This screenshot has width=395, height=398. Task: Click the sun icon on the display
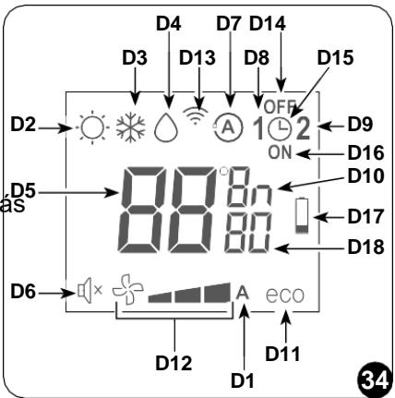pos(92,127)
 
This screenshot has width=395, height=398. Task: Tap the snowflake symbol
pos(130,127)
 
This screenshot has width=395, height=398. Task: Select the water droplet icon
pos(166,127)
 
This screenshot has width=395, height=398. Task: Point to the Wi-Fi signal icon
pos(195,115)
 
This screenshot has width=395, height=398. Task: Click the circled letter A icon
pos(228,127)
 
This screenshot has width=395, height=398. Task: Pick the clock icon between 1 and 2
pos(280,129)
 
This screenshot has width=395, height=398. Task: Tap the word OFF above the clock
pos(280,107)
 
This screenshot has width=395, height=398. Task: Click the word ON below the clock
pos(280,152)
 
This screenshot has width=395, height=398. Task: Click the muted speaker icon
pos(90,291)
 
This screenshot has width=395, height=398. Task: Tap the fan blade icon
pos(127,290)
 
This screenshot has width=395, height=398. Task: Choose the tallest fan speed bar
pos(217,293)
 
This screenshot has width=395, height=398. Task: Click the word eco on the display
pos(285,295)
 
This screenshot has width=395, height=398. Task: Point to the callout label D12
pos(174,363)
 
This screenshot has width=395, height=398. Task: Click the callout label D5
pos(23,191)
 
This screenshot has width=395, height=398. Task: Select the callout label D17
pos(365,216)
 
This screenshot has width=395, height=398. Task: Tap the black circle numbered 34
pos(375,380)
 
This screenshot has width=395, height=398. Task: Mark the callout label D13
pos(197,57)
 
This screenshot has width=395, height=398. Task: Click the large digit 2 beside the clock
pos(303,129)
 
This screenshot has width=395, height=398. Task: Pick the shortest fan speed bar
pos(160,297)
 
